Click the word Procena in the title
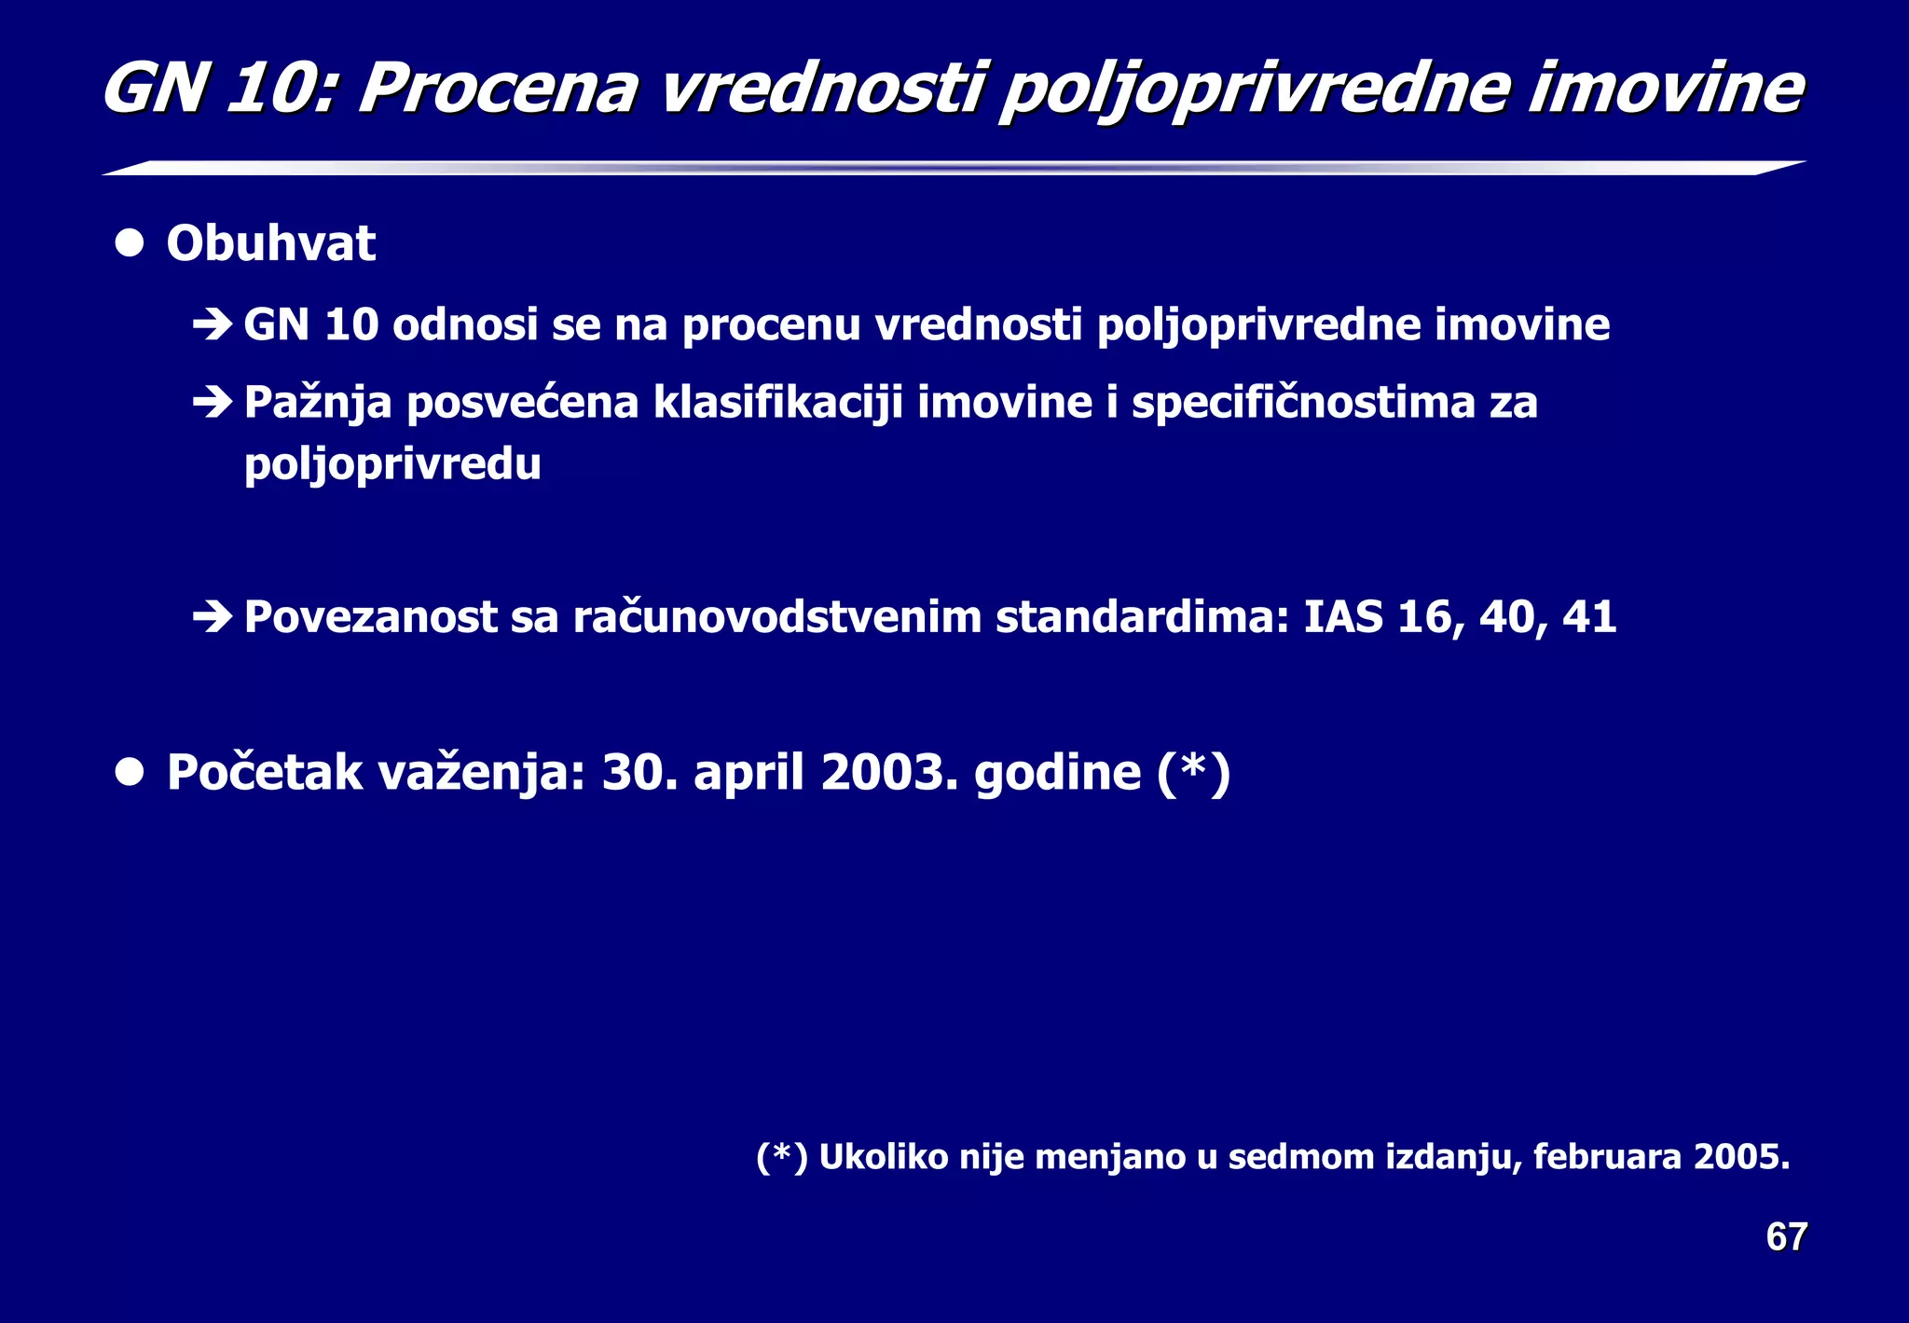[x=499, y=90]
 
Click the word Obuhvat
[x=270, y=244]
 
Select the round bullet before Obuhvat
[x=130, y=244]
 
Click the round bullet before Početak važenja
[x=130, y=773]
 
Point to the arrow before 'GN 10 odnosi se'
[x=213, y=325]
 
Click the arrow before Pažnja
[x=213, y=403]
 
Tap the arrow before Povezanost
[x=213, y=617]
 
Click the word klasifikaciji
[x=777, y=403]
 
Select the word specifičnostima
[x=1302, y=403]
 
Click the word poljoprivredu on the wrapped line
[x=392, y=464]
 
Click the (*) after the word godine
[x=1193, y=773]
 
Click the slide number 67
[x=1786, y=1237]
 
